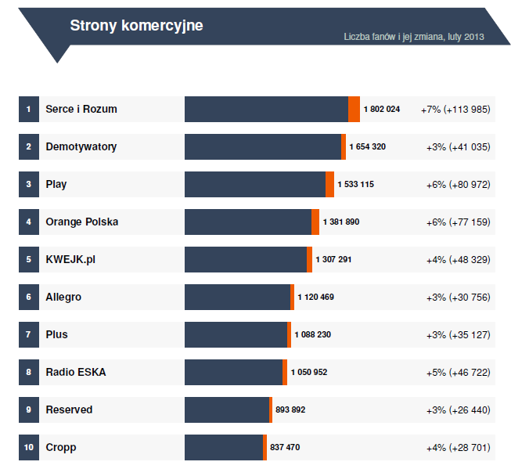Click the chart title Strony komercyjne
136,26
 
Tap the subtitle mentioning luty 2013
414,37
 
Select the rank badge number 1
28,109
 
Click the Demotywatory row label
81,146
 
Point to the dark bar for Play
254,184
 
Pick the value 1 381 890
340,222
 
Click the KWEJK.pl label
70,259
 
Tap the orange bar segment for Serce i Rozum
354,109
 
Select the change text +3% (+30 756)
458,297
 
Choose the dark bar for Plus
236,334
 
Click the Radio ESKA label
76,372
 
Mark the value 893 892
290,409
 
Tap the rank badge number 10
28,447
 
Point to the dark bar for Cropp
223,447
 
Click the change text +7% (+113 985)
455,109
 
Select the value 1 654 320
367,146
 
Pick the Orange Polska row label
82,222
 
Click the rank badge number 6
28,297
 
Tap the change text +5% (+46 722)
458,372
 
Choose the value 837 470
285,447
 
